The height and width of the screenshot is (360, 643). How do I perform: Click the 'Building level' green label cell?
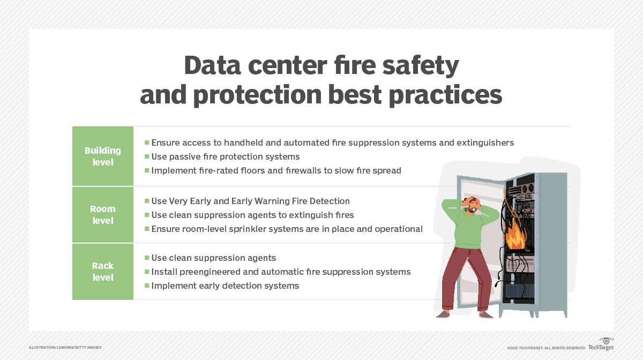click(103, 156)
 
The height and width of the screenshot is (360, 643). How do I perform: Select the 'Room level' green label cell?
click(103, 214)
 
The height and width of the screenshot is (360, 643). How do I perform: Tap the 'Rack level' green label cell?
click(103, 271)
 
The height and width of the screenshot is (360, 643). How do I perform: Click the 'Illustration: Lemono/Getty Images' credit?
click(65, 348)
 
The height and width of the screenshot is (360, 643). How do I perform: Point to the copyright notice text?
click(546, 348)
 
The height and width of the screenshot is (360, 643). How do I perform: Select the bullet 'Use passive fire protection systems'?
click(225, 157)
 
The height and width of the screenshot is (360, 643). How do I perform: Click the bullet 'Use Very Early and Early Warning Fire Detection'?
click(250, 201)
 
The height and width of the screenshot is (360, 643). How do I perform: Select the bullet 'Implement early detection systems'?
click(225, 286)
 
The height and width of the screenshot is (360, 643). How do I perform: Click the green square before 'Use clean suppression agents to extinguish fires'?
click(147, 215)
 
